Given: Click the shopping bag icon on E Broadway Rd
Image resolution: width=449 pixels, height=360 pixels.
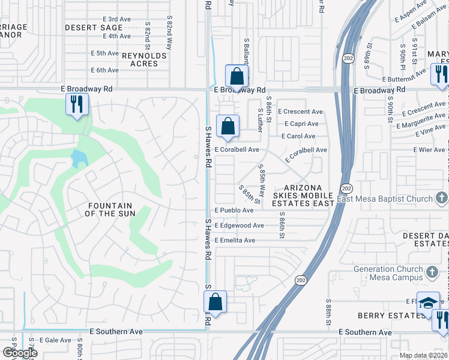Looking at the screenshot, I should pos(237,77).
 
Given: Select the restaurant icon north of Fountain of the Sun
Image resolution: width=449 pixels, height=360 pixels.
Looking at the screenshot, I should pos(77,104).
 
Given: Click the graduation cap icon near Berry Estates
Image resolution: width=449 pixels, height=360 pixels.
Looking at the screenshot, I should pos(429,302).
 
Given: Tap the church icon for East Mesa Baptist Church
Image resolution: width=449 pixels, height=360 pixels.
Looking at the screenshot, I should pos(441,199).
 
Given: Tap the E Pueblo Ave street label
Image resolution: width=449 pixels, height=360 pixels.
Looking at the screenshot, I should pos(234,211).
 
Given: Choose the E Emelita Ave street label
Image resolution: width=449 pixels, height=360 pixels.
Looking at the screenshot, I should pos(235,241).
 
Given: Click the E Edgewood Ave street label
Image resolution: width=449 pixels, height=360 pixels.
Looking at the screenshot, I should pos(239,226).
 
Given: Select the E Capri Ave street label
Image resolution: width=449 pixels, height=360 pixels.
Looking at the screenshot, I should pos(302,124).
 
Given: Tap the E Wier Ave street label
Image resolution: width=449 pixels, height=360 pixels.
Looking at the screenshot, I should pos(427,149).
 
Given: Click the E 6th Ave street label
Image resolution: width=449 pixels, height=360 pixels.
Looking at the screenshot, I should pos(104,70).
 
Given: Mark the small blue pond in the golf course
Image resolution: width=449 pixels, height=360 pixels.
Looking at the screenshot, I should pos(79,159).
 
